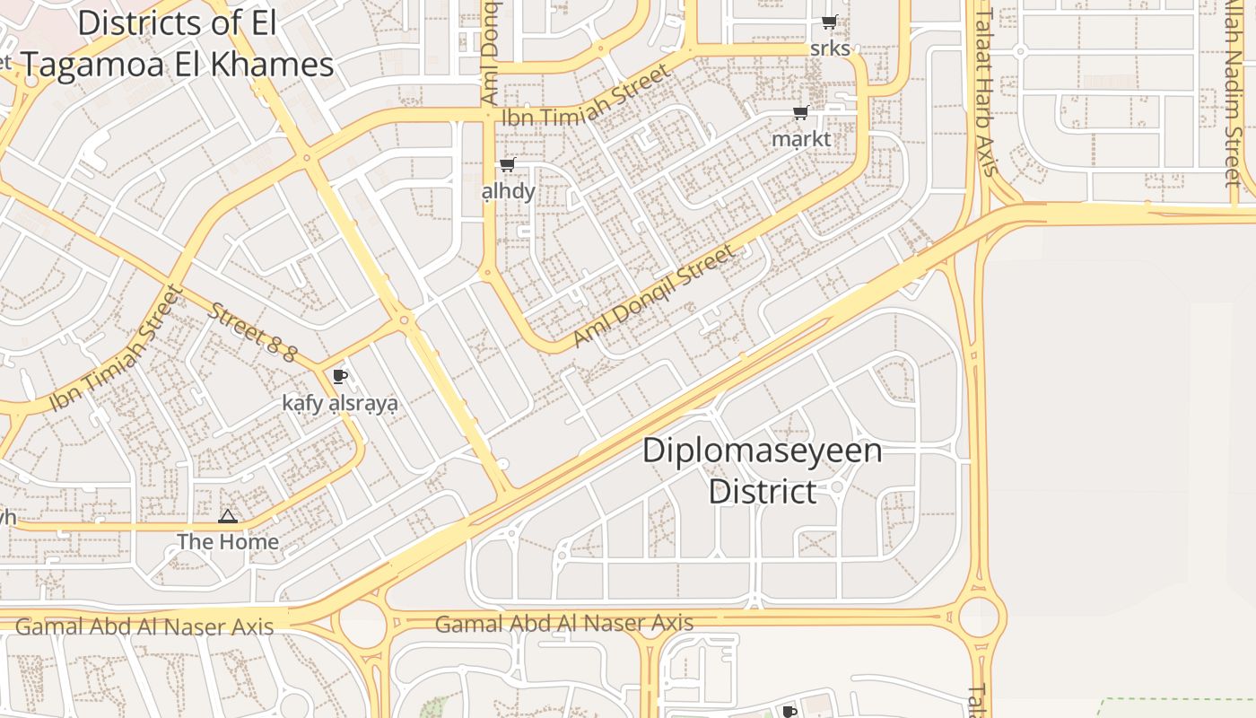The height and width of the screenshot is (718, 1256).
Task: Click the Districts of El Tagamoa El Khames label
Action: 177,44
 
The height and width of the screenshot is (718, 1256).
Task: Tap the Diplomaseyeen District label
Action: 762,470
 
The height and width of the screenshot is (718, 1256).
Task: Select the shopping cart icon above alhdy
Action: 508,164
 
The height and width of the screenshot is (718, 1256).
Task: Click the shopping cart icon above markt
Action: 800,113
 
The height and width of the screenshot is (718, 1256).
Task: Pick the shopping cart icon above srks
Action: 830,22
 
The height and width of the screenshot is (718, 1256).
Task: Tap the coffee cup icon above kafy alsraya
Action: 339,376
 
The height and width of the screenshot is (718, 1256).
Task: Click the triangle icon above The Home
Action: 228,516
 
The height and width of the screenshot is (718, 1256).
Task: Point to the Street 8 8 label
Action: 251,332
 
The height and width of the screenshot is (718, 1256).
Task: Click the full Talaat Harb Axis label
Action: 986,90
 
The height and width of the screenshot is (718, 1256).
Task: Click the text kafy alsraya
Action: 340,403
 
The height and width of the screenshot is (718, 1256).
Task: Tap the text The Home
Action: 228,542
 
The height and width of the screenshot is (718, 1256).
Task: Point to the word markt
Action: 801,139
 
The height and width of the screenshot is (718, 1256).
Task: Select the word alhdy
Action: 509,190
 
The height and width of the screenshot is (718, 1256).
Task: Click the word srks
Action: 830,48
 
